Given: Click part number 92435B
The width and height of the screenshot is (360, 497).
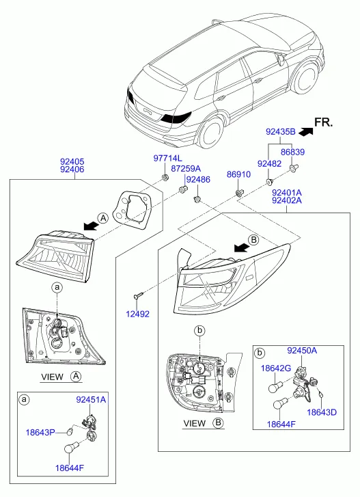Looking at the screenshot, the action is pos(281,132).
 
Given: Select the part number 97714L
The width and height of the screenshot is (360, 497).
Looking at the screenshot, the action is pos(168,158).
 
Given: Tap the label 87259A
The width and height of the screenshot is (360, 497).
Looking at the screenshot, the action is pos(186,169).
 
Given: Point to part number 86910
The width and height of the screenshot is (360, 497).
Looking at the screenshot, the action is pos(238,174).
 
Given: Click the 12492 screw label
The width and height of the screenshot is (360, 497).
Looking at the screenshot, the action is pos(138,314).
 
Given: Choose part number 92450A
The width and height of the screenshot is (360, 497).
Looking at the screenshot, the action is pos(302,351).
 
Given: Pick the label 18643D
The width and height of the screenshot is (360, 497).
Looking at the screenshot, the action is pos(322,412).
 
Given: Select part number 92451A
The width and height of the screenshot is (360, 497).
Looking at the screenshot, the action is pos(91,400).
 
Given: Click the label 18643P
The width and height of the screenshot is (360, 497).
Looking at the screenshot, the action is pos(40,432).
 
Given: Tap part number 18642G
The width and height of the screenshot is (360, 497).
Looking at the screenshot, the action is pos(276,368).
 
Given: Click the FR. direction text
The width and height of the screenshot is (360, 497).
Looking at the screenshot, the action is pos(324,122).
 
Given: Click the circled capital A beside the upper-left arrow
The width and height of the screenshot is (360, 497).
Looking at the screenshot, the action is pos(103,218).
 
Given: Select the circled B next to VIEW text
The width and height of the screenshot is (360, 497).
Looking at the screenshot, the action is pos(218,423).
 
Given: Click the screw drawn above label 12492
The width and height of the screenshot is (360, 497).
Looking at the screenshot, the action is pos(139,296).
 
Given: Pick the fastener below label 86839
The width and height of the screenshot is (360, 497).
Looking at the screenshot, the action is pos(294,168).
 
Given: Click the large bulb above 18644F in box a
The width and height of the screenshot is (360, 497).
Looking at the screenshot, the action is pos(69,448).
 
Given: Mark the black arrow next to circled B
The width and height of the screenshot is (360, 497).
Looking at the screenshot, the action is pos(241,247).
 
